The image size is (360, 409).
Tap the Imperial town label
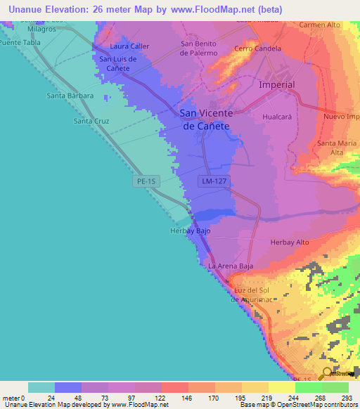click(x=277, y=84)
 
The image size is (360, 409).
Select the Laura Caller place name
click(x=130, y=46)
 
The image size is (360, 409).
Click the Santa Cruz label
click(x=91, y=121)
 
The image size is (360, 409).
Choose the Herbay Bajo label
click(x=190, y=231)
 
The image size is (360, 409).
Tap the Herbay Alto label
click(x=290, y=242)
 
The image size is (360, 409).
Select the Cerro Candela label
click(x=258, y=48)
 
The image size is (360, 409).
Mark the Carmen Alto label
click(x=319, y=25)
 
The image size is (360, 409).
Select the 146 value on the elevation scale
click(x=187, y=398)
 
